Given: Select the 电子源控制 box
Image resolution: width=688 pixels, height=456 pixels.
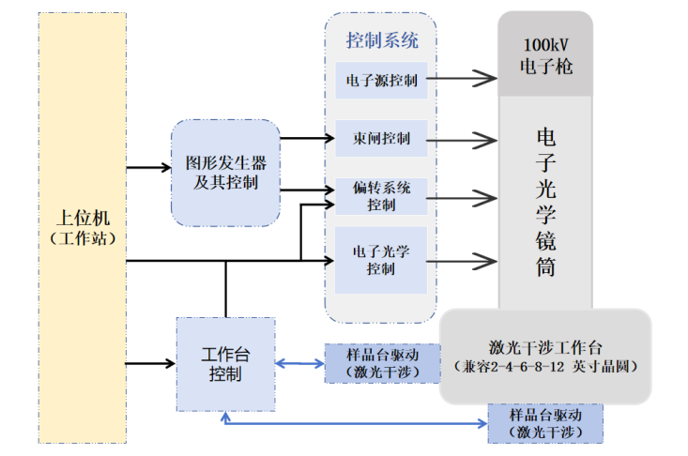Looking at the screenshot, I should click(381, 80).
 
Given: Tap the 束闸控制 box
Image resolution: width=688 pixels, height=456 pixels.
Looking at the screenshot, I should click(381, 140).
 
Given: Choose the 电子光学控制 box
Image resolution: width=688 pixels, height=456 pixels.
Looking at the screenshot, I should click(381, 259).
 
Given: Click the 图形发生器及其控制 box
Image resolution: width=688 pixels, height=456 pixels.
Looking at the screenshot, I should click(225, 173).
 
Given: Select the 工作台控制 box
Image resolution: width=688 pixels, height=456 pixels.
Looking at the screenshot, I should click(225, 364).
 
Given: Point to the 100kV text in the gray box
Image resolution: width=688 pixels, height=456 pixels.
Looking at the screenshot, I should click(545, 45).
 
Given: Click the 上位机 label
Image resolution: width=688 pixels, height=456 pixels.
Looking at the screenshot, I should click(83, 218).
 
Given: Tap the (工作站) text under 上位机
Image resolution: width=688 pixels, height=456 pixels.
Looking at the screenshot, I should click(83, 239).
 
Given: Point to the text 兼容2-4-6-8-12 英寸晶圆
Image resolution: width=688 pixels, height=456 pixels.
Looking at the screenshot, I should click(544, 366).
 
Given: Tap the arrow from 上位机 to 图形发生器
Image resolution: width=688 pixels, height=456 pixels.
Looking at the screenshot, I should click(148, 168).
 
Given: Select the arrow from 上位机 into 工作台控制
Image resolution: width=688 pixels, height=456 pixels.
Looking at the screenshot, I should click(150, 362).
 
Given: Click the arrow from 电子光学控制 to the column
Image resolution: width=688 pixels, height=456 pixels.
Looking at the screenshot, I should click(461, 260).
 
